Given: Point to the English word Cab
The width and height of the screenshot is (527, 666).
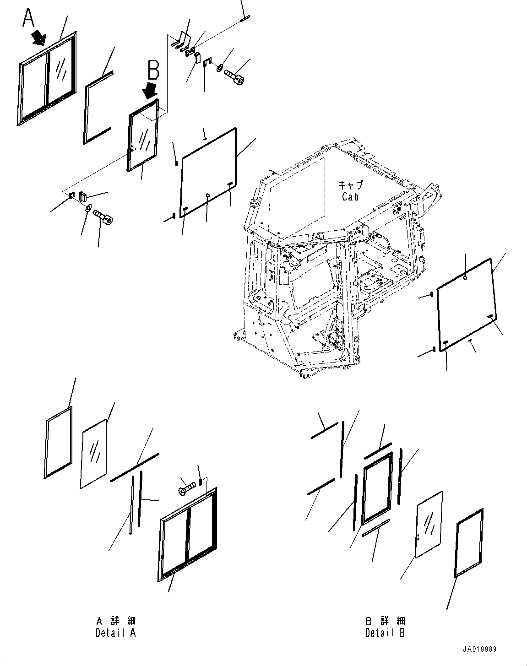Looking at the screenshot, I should point(351,197).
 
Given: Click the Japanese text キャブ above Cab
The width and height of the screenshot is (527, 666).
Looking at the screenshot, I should point(350,185).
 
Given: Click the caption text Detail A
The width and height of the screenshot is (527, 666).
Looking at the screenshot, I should point(116,633).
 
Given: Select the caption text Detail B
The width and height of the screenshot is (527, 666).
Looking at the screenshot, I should point(385,633).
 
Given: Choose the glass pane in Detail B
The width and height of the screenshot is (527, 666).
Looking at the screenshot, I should point(429,525).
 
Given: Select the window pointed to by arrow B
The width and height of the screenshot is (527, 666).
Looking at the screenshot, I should point(143,135).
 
